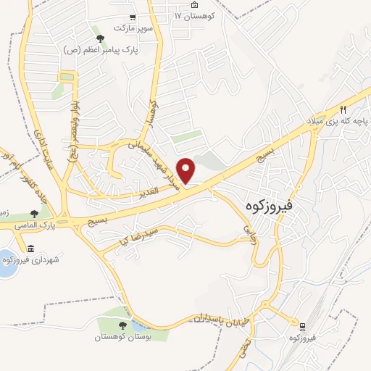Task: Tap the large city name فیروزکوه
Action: tap(269, 206)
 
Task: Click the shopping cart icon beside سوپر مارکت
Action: tap(131, 17)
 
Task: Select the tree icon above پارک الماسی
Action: tap(34, 214)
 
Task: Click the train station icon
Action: tap(302, 325)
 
